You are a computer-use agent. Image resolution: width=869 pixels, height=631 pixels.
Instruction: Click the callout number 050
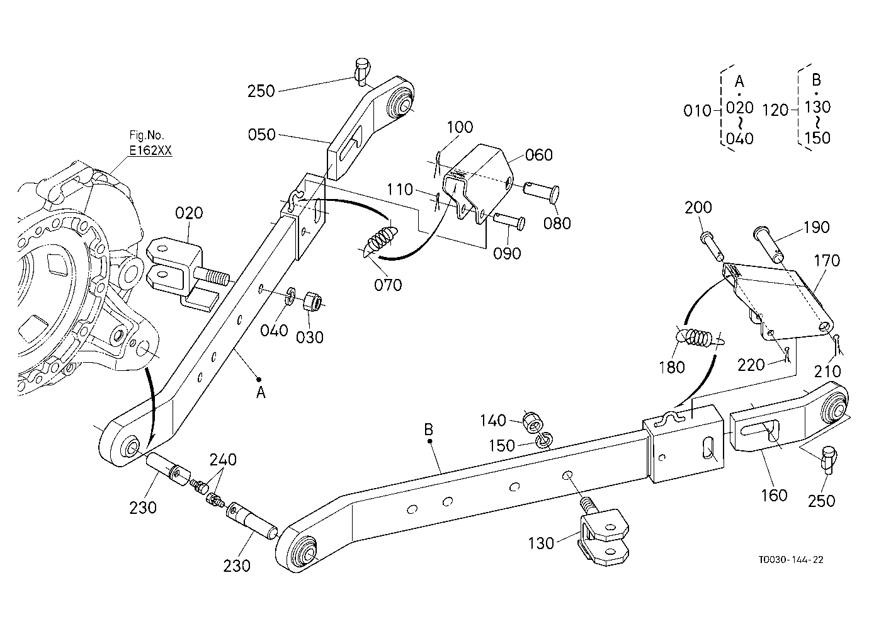coord(261,135)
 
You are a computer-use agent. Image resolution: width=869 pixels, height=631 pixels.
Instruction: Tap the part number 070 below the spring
coord(388,285)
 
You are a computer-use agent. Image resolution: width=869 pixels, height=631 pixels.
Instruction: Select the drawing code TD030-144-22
coord(791,560)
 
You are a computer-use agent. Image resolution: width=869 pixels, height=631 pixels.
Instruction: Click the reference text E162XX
coord(150,150)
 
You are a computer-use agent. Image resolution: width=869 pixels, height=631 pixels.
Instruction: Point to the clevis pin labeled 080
coord(541,191)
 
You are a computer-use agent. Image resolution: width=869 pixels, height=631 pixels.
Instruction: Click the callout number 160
coord(774,495)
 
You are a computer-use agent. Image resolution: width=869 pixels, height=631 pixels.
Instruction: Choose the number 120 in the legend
coord(776,111)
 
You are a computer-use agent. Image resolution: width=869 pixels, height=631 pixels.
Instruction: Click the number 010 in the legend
coord(697,111)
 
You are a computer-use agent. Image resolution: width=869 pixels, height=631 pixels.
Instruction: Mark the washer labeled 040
coord(290,296)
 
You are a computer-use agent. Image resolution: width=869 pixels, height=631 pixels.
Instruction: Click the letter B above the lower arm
coord(428,429)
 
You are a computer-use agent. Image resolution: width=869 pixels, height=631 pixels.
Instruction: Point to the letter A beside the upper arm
coord(261,392)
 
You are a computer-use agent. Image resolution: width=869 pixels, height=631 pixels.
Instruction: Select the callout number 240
coord(223,460)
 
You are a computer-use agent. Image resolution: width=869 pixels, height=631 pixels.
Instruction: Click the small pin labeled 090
coord(509,222)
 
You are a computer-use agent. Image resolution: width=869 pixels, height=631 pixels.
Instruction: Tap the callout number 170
coord(827,260)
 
